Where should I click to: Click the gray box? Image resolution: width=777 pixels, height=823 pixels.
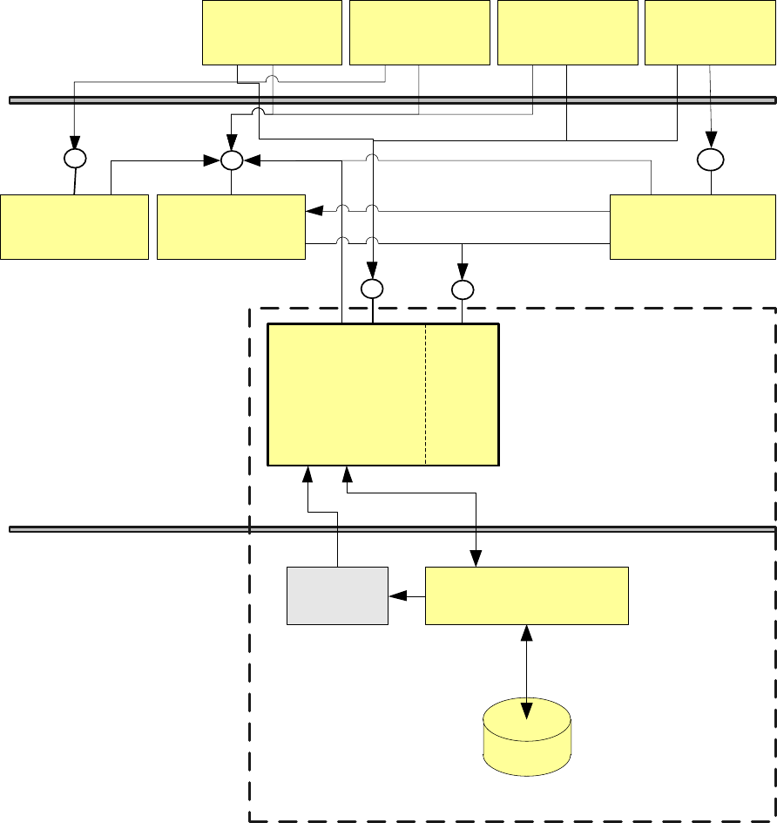tap(337, 595)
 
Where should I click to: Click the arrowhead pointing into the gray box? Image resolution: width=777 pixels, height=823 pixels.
tap(396, 596)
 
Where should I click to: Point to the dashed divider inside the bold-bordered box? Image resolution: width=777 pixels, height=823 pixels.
tap(425, 394)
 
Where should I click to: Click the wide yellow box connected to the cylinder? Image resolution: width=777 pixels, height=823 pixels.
tap(526, 595)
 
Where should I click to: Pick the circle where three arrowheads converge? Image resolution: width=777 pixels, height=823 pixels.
tap(231, 160)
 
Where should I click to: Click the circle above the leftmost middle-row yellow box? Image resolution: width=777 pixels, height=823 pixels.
tap(75, 160)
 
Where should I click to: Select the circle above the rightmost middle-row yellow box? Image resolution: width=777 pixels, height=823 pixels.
tap(711, 160)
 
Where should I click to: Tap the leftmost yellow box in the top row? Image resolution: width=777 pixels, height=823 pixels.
tap(272, 32)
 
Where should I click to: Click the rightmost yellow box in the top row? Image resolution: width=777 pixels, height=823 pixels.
tap(710, 32)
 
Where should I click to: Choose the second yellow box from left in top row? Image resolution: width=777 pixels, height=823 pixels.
tap(419, 32)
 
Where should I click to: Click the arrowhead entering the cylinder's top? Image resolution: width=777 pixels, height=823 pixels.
tap(526, 711)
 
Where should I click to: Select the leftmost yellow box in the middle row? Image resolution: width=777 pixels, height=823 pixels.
tap(74, 227)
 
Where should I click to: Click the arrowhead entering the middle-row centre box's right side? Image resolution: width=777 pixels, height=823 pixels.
tap(312, 211)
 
